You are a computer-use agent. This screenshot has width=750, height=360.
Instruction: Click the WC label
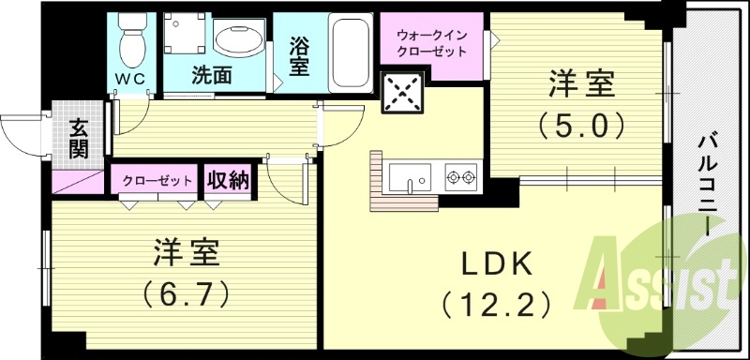[130, 78]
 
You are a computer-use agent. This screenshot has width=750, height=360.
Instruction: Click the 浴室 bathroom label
[299, 55]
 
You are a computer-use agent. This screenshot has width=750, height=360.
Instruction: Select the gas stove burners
[459, 174]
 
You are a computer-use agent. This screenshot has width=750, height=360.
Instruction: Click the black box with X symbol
[401, 91]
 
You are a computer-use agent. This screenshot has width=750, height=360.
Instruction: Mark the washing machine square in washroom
[186, 37]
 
